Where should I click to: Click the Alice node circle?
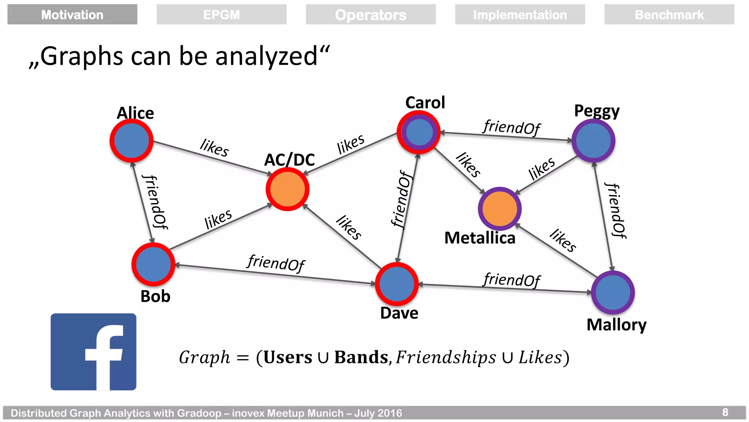click(131, 141)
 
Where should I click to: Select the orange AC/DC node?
click(287, 189)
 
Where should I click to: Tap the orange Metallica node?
click(500, 208)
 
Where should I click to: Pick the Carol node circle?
click(419, 132)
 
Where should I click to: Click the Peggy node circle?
click(593, 141)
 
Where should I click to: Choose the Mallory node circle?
click(613, 292)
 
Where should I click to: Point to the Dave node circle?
click(397, 284)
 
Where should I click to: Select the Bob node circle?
click(153, 264)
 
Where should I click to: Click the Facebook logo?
click(94, 352)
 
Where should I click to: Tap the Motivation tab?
click(72, 15)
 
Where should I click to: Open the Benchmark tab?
click(669, 15)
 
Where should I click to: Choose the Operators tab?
click(370, 15)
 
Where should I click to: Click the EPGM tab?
click(221, 15)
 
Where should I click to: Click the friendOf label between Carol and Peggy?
click(511, 127)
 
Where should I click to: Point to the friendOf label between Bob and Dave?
click(276, 263)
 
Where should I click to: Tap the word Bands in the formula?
click(361, 357)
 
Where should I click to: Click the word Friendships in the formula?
click(446, 357)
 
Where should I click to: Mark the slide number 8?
click(725, 412)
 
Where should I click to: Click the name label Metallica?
click(479, 238)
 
